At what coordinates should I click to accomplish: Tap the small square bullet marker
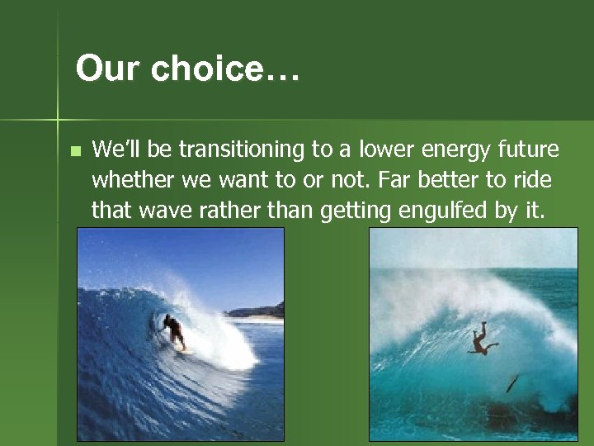pyautogui.click(x=75, y=151)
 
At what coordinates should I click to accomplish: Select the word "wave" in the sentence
pyautogui.click(x=157, y=211)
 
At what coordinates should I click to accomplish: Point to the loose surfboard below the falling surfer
pyautogui.click(x=512, y=382)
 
